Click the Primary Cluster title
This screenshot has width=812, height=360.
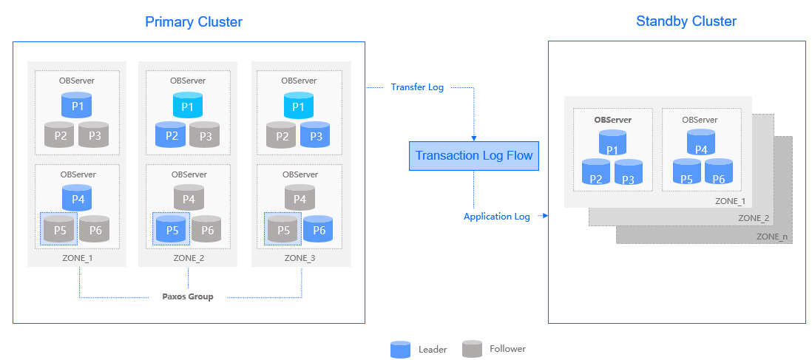coord(193,22)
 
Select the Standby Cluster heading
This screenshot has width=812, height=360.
coord(686,21)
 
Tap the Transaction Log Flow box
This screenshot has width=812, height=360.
coord(473,156)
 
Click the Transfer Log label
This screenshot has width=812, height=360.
coord(417,87)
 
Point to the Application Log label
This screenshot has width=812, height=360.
coord(496,217)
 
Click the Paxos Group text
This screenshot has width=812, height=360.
coord(188,296)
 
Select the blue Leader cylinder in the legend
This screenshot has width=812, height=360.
coord(400,349)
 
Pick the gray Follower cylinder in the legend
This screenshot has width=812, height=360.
coord(472,348)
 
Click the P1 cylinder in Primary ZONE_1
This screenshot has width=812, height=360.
coord(77,106)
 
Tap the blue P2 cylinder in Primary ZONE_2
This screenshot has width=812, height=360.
coord(171,135)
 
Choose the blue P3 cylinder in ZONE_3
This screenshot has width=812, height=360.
coord(315,135)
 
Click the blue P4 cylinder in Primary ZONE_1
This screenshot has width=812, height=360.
coord(77,198)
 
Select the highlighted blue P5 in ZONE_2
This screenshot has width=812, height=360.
coord(172,229)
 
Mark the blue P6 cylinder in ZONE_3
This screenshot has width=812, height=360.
coord(318,229)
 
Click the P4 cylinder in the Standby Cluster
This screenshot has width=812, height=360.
coord(700,143)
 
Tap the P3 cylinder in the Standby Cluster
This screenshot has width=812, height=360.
coord(629,173)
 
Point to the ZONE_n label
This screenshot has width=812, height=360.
coord(772,237)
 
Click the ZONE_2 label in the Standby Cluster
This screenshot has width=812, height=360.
coord(753,218)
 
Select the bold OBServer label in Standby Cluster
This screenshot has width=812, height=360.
coord(612,119)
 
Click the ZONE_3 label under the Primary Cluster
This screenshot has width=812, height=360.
coord(300,258)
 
